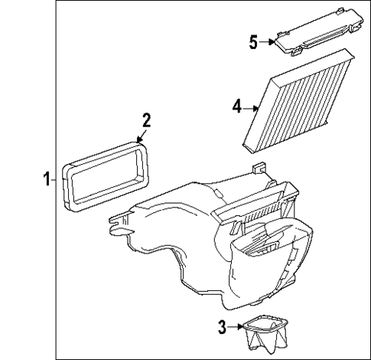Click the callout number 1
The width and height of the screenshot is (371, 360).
tap(47, 180)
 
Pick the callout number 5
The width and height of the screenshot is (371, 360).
tap(253, 41)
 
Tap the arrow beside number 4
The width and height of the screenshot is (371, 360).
tap(252, 109)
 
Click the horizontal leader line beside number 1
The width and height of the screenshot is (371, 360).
tap(57, 180)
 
